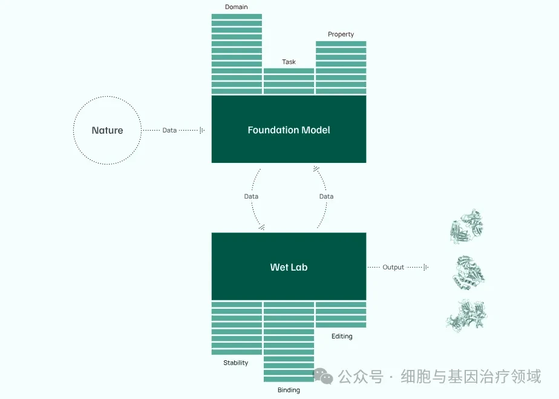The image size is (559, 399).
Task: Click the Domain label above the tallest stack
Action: (236, 7)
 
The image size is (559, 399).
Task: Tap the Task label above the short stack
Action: (289, 62)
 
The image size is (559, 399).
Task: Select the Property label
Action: (341, 35)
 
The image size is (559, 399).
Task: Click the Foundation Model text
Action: (289, 130)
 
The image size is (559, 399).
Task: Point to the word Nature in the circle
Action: (107, 130)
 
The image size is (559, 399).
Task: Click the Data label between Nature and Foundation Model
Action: (169, 130)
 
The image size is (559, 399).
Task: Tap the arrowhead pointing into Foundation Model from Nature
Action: (202, 130)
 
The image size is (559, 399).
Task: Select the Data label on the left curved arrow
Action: (251, 196)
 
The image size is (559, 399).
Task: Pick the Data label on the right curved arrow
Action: (326, 196)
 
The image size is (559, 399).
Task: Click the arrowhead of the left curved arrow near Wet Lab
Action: (262, 227)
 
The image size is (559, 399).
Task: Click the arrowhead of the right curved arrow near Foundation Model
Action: (316, 168)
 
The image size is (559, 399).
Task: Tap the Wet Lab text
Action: (289, 267)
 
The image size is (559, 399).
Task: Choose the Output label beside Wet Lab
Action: (393, 267)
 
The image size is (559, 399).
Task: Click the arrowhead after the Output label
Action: (426, 267)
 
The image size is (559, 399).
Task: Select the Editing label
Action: (342, 336)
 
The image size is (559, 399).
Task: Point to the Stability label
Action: (236, 363)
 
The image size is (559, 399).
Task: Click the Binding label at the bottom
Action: (289, 390)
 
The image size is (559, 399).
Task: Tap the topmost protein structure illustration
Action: (466, 226)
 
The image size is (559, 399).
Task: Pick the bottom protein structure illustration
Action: (466, 315)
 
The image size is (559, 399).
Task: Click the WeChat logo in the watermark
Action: (323, 377)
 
